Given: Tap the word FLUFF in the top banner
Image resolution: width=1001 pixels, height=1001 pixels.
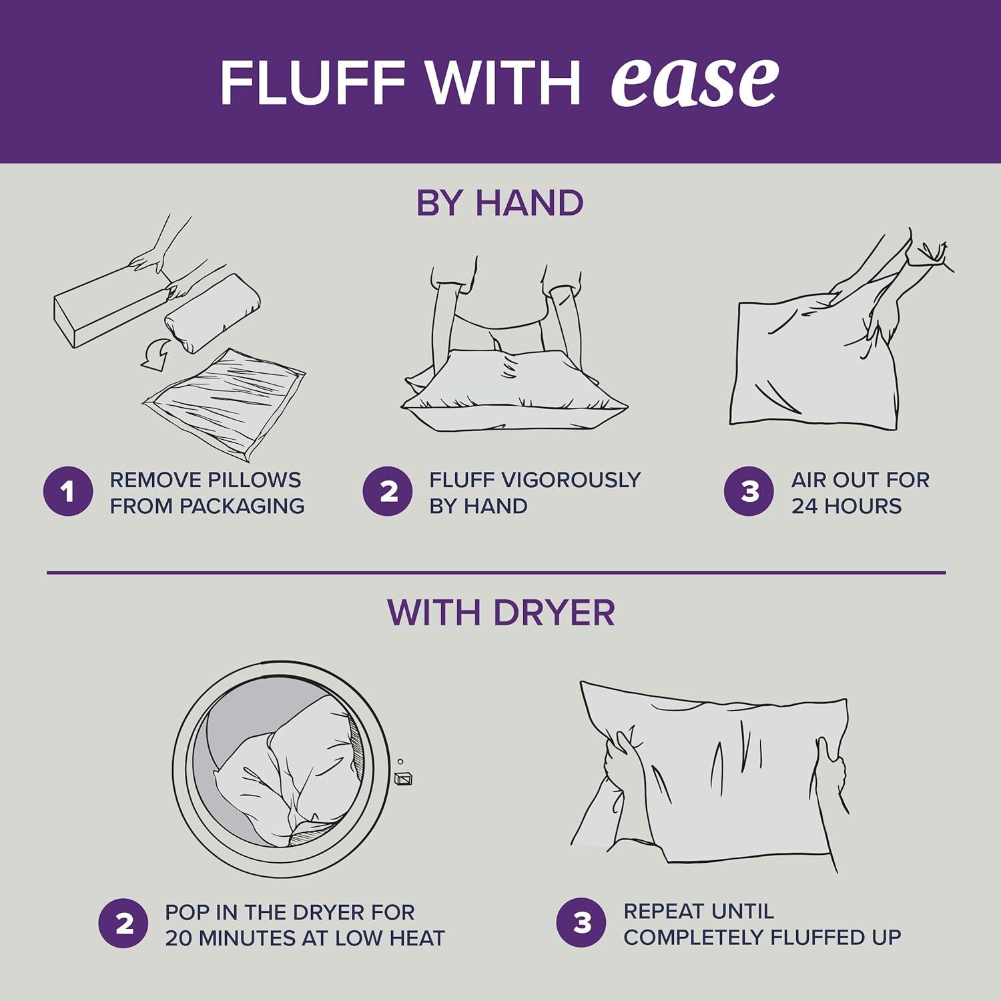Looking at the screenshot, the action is (312, 83).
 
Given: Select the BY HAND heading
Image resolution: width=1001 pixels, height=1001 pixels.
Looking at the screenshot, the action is (500, 203).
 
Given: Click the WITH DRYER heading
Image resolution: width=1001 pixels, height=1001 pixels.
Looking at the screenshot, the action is (500, 612).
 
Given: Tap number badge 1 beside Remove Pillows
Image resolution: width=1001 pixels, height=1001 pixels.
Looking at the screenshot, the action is (67, 492).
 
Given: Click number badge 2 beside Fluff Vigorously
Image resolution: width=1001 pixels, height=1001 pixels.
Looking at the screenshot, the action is (388, 492).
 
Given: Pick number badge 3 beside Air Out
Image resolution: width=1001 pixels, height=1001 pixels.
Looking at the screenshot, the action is (749, 492).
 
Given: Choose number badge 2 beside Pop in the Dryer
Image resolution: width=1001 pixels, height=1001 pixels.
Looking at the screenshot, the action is (123, 924).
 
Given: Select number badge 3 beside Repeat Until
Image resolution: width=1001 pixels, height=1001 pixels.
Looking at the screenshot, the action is (582, 923).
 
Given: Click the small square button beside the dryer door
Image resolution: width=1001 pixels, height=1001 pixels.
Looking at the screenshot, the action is (404, 778).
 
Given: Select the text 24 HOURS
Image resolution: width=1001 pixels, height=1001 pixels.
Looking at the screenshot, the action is (846, 506).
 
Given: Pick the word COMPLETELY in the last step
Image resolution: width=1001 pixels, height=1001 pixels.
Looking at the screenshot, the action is (694, 937).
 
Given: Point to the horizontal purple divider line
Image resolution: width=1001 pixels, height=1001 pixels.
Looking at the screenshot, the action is (496, 573).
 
